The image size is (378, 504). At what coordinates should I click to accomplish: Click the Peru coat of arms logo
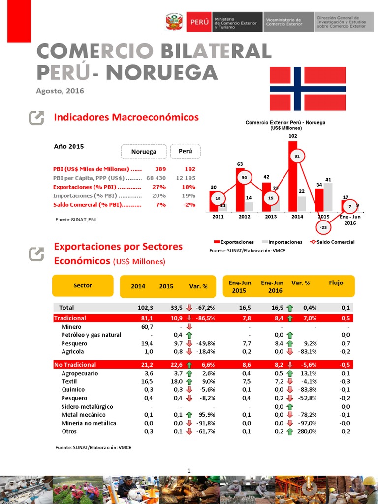click(x=174, y=23)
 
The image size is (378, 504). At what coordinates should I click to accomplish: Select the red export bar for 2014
click(x=293, y=176)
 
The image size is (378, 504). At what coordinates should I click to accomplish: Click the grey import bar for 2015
click(x=328, y=197)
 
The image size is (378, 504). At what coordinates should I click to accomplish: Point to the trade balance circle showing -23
click(x=322, y=228)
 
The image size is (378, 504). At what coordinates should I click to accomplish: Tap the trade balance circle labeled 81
click(x=297, y=156)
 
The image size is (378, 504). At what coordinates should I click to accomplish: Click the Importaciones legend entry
click(x=282, y=242)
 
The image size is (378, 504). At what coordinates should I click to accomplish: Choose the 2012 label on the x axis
click(x=244, y=217)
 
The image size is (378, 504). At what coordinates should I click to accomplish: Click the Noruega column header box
click(x=143, y=152)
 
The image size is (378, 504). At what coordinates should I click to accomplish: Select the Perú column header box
click(x=185, y=151)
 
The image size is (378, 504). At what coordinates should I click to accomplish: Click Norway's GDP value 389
click(x=160, y=169)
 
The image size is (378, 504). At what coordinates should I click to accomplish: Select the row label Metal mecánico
click(x=83, y=415)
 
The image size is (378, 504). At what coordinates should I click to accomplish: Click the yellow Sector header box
click(x=83, y=286)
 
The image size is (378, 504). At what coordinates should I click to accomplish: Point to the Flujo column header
click(x=336, y=283)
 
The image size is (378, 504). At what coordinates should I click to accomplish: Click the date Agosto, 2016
click(x=60, y=91)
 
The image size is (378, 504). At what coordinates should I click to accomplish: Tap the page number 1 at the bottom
click(x=189, y=471)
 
